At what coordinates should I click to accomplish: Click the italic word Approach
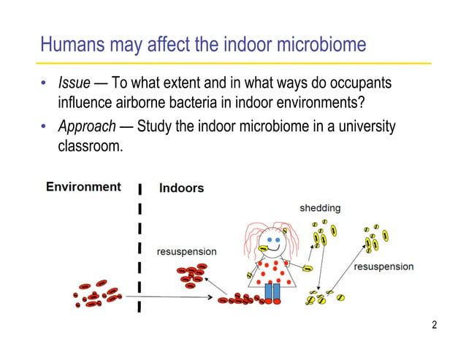(87, 127)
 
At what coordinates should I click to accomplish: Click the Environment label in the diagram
(83, 186)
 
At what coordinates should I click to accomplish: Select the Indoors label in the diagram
(182, 188)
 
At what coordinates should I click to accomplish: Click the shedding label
(320, 209)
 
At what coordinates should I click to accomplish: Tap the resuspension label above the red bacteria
(187, 252)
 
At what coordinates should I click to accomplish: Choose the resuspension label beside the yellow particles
(383, 267)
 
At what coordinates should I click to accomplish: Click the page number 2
(435, 325)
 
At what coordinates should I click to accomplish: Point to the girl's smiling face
(273, 242)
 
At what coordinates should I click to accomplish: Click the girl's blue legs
(272, 291)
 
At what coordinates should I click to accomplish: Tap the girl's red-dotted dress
(273, 272)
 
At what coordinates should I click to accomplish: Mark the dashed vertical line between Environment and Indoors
(139, 248)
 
